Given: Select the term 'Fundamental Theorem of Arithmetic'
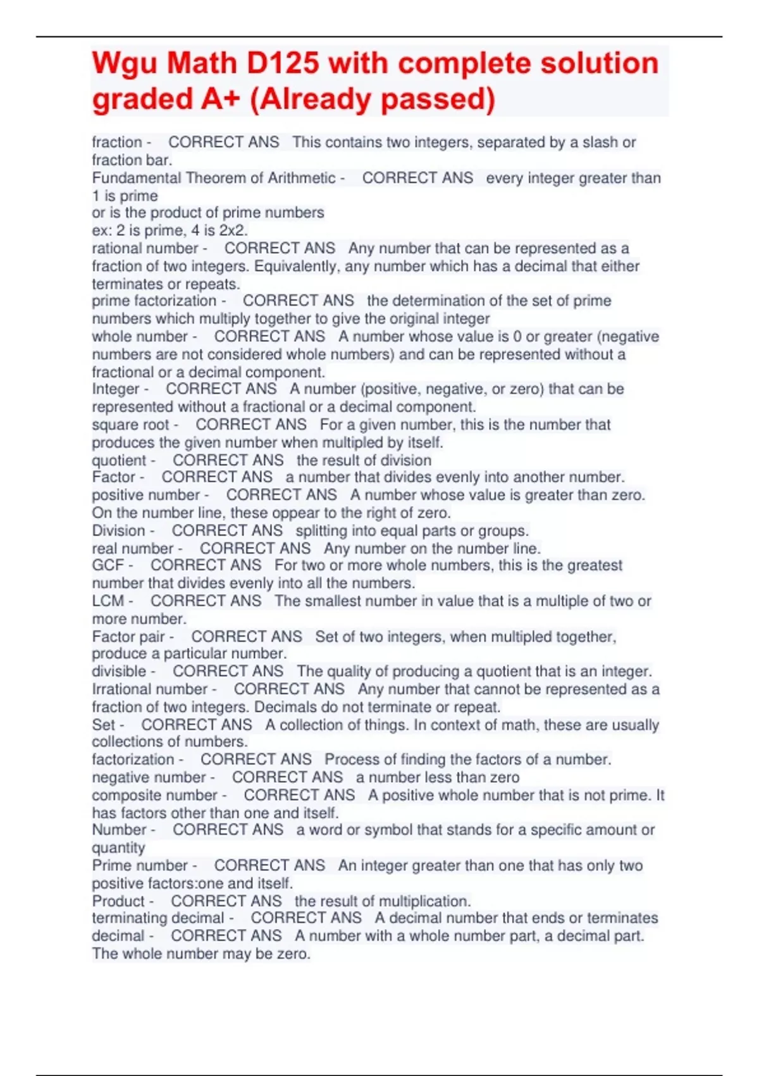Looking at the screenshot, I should point(213,178).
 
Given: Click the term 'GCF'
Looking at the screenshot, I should point(108,565).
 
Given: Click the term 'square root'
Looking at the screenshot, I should point(130,425).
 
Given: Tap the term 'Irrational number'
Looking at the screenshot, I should point(150,689).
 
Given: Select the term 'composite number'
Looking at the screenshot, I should point(154,795).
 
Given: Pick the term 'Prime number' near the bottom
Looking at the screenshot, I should point(140,865).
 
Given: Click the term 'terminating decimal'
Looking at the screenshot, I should point(158,918).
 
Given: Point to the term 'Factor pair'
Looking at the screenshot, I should point(128,636).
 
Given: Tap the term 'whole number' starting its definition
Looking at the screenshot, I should point(140,337).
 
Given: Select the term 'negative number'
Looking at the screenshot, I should point(149,777).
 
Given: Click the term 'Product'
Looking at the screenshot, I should point(118,901).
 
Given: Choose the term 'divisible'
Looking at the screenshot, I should point(119,671).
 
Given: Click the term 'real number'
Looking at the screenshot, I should point(133,548).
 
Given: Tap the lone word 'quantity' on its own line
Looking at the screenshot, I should point(118,848).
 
